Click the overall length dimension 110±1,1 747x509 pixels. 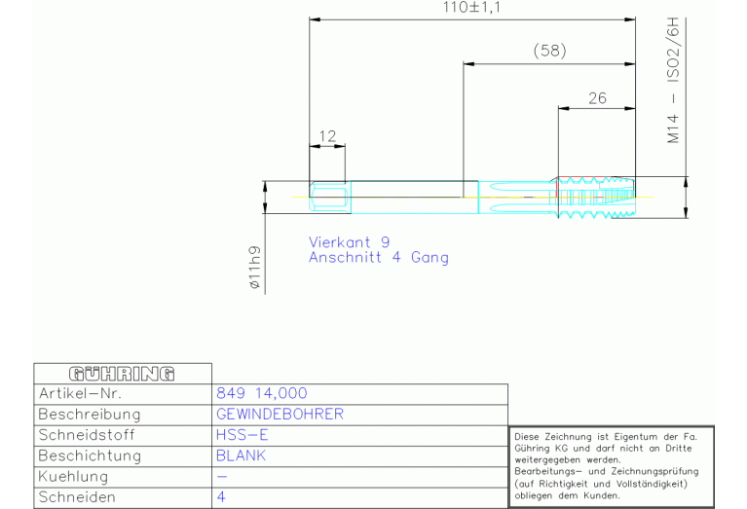click(x=471, y=8)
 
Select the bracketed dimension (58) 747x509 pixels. click(x=549, y=51)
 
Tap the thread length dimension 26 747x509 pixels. click(x=597, y=98)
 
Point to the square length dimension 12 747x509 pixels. click(x=327, y=136)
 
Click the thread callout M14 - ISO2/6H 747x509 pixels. click(x=673, y=80)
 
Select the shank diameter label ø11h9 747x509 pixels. click(x=255, y=267)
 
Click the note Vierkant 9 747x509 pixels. click(x=350, y=242)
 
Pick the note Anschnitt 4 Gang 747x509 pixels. click(x=379, y=258)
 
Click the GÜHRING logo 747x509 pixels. click(x=122, y=374)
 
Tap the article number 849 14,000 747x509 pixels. click(x=262, y=393)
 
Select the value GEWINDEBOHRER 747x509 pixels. click(x=280, y=414)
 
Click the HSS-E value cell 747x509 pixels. click(x=242, y=435)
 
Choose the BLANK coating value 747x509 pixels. click(x=241, y=455)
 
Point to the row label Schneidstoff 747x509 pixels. click(x=87, y=435)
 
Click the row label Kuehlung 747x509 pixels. click(x=73, y=476)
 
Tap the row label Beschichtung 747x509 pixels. click(x=90, y=455)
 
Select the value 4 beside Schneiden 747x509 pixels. click(x=221, y=497)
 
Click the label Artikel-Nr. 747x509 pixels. click(x=80, y=393)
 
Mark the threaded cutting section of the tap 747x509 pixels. click(x=596, y=198)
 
